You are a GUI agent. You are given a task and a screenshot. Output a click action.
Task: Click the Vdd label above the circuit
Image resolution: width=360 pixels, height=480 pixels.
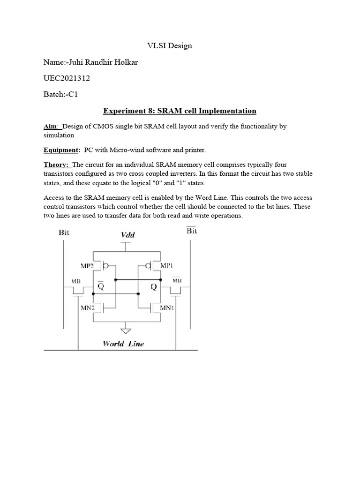(x=127, y=234)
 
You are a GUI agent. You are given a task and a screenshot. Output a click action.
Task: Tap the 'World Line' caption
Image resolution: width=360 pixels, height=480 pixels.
(x=123, y=344)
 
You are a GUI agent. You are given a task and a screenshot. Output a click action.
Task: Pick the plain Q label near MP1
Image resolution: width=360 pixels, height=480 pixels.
(x=152, y=286)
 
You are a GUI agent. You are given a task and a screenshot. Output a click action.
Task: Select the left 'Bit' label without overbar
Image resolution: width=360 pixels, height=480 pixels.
(x=65, y=232)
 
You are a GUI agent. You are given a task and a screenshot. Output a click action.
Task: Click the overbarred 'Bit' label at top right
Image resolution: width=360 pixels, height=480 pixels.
(x=192, y=231)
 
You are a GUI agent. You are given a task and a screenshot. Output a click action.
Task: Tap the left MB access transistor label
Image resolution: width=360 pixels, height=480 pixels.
(x=75, y=281)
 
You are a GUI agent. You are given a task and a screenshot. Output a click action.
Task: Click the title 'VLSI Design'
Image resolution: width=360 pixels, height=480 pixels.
(x=167, y=46)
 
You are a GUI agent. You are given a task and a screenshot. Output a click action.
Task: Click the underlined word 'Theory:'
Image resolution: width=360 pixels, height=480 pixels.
(x=56, y=165)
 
